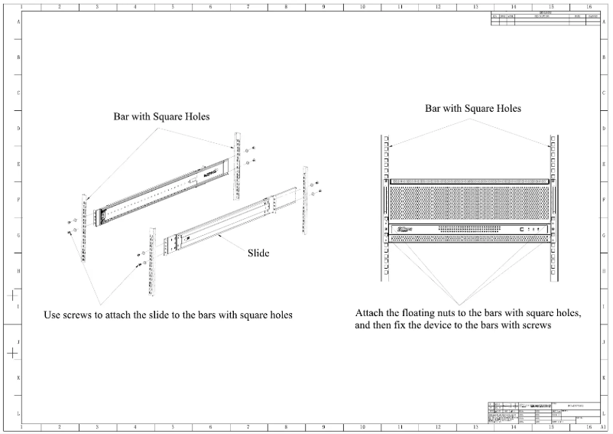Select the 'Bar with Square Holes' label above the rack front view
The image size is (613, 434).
pyautogui.click(x=473, y=109)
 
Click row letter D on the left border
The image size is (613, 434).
pyautogui.click(x=18, y=129)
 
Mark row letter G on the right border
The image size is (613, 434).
pyautogui.click(x=604, y=236)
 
